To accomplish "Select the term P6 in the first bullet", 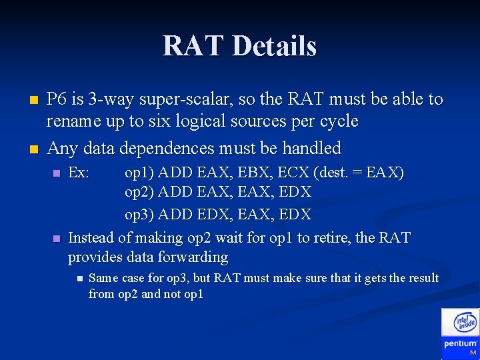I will click(57, 99).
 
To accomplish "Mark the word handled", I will click(312, 148).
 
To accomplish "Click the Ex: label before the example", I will click(79, 173).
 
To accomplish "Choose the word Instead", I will click(91, 237).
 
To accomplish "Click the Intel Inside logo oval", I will click(465, 323).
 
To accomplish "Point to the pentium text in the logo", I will click(461, 343).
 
